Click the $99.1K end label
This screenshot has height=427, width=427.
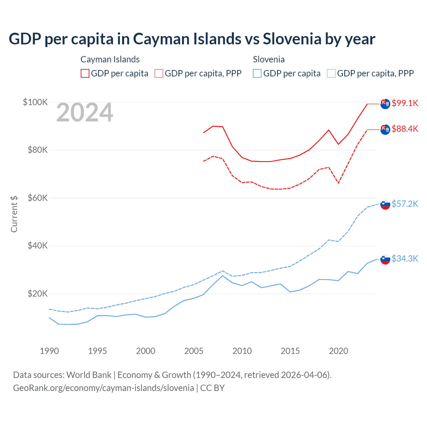tap(405, 103)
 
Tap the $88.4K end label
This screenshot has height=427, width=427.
tap(405, 129)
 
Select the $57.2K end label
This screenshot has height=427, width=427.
tap(405, 204)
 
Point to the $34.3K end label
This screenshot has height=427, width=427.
tap(405, 259)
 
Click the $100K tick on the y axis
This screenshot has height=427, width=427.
tap(35, 102)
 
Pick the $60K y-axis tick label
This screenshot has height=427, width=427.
tap(38, 198)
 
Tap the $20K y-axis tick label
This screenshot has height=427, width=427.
tap(38, 294)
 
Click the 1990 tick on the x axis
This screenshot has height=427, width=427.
tap(49, 351)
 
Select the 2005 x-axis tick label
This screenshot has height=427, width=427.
tap(194, 351)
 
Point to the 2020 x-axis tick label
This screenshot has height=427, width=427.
tap(339, 351)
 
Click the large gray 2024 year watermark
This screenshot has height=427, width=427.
tap(85, 113)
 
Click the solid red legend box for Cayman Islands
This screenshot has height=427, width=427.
tap(85, 73)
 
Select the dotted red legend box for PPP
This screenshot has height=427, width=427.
tap(159, 73)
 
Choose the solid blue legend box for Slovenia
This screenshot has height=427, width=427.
tap(257, 73)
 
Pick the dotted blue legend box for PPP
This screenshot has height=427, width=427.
tap(331, 73)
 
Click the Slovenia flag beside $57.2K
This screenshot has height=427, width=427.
tap(385, 204)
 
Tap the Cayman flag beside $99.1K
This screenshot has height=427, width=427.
tap(385, 104)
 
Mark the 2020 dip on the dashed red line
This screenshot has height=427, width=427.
tap(339, 183)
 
